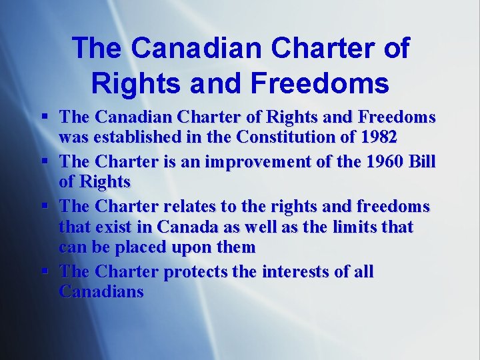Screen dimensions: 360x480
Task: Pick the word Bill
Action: [421, 161]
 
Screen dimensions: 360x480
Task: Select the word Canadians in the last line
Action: [101, 292]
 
